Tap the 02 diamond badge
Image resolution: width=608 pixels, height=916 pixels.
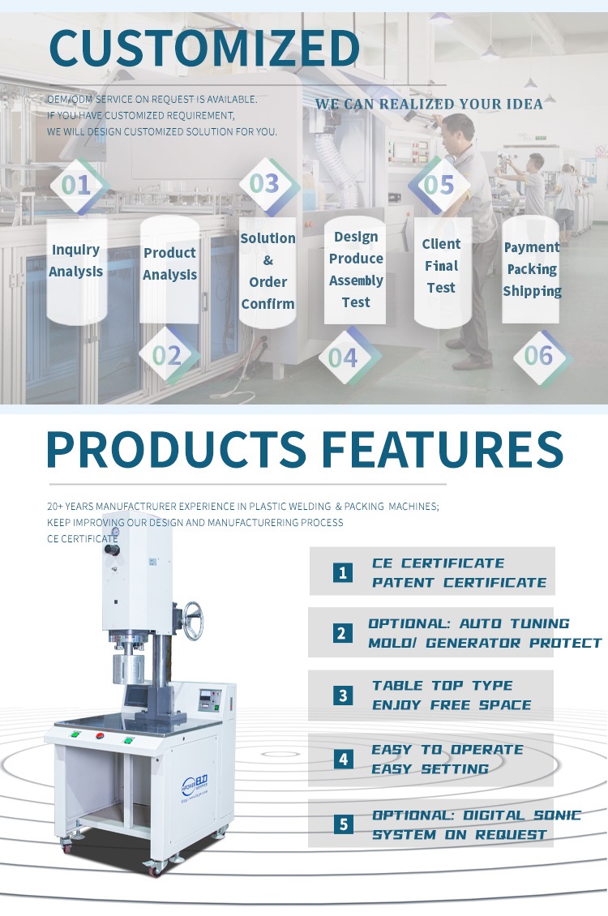point(168,355)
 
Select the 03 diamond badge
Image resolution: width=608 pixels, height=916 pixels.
point(266,184)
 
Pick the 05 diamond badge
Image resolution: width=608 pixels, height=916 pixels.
point(439,185)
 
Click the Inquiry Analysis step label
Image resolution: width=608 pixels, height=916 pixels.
point(76,260)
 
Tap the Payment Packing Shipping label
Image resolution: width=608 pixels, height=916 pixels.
point(532,269)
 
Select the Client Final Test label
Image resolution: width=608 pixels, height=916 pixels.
point(441,266)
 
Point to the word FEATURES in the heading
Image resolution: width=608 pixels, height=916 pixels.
point(442,448)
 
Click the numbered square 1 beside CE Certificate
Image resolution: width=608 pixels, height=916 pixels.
point(343,572)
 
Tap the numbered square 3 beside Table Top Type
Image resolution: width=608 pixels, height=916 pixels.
point(343,696)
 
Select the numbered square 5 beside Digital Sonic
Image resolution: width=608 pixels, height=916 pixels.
point(343,824)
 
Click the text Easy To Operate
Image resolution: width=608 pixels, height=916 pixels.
point(447,750)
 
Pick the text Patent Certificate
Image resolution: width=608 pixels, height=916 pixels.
point(460,583)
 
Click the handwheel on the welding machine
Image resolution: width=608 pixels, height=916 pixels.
point(193,621)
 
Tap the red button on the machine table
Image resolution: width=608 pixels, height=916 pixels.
point(99,735)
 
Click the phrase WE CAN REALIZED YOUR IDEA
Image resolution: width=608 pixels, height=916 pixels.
point(430,104)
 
